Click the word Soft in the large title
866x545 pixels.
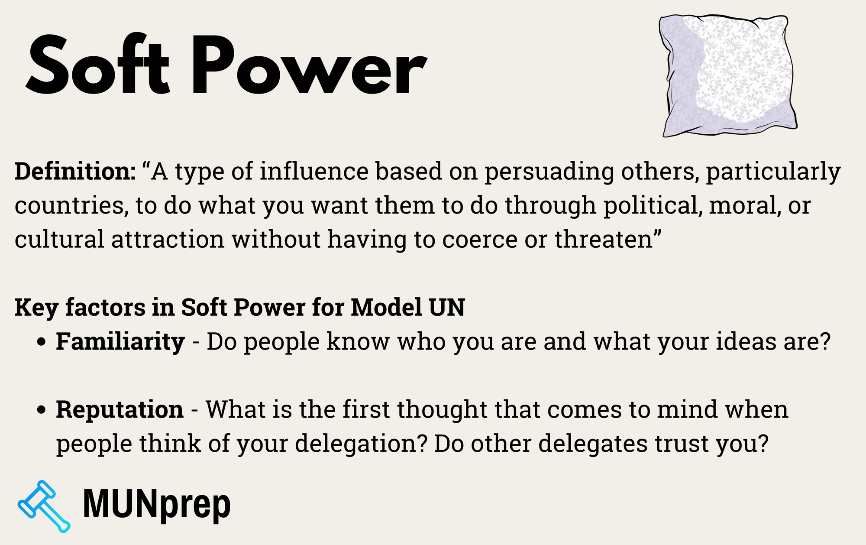97,65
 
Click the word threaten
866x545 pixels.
604,240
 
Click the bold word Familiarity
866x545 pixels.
120,342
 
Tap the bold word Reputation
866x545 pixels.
120,410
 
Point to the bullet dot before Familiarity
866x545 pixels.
42,342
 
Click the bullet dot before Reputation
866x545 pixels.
42,410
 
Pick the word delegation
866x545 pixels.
362,444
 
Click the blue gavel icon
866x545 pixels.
43,506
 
